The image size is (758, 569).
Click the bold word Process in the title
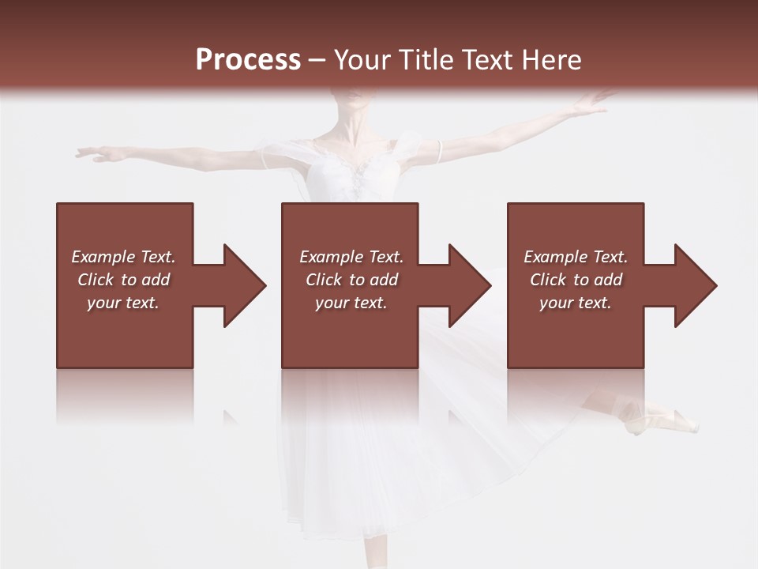(x=248, y=60)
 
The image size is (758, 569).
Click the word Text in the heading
(x=488, y=60)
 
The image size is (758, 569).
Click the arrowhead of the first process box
(x=244, y=285)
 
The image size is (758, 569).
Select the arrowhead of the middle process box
(x=469, y=285)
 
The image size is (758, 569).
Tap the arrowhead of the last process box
(x=695, y=285)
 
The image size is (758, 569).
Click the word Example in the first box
(x=103, y=257)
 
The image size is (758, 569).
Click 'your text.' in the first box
(x=123, y=303)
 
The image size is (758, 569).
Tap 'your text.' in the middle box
(x=351, y=303)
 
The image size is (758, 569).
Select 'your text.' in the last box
(x=576, y=303)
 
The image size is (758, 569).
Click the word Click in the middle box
(x=325, y=280)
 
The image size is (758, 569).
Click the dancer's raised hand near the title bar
(x=592, y=101)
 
